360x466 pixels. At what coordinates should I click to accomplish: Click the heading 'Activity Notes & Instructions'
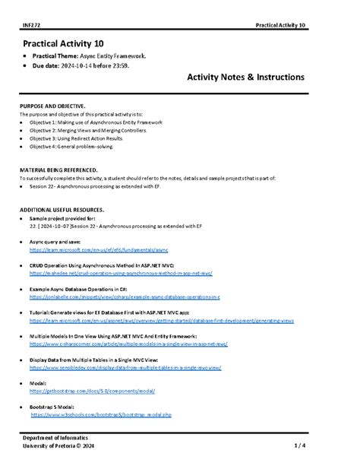tap(245, 78)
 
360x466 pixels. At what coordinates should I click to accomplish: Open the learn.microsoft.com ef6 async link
tap(99, 249)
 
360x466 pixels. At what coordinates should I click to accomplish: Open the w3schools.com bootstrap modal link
tap(101, 415)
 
